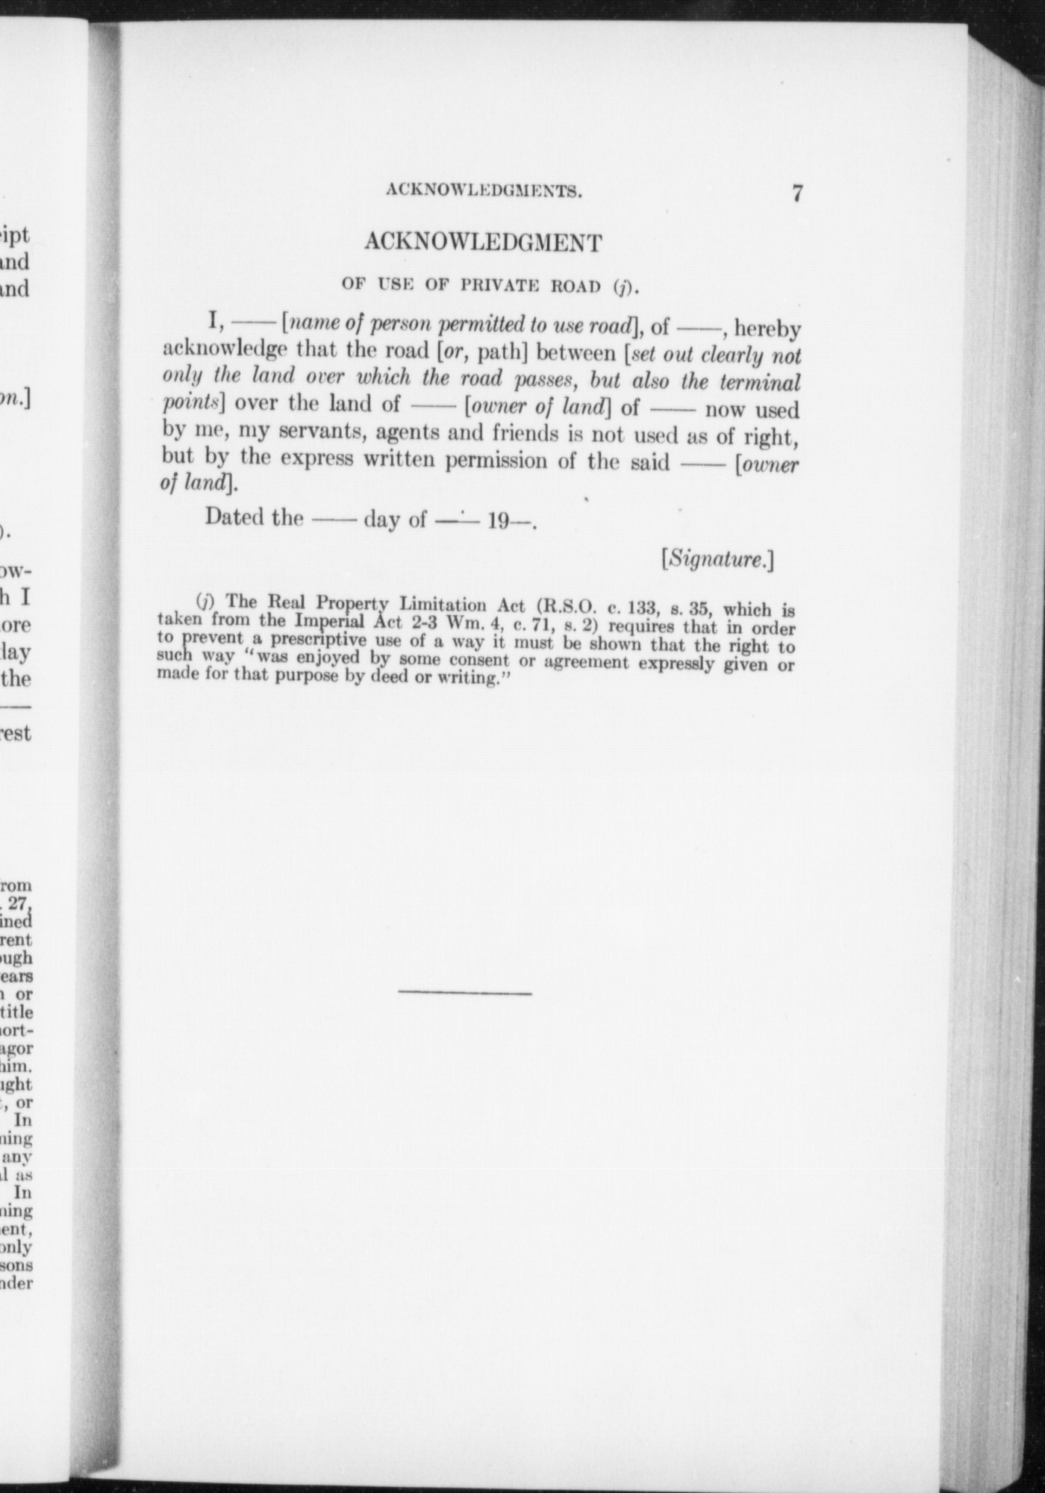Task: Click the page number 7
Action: (x=797, y=194)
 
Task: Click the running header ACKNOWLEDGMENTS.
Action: (x=484, y=191)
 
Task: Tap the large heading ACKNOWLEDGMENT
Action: (x=483, y=243)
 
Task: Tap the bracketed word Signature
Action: (x=717, y=559)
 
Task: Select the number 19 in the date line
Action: (x=499, y=520)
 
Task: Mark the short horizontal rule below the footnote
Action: (x=465, y=993)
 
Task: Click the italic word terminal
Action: (x=758, y=381)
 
